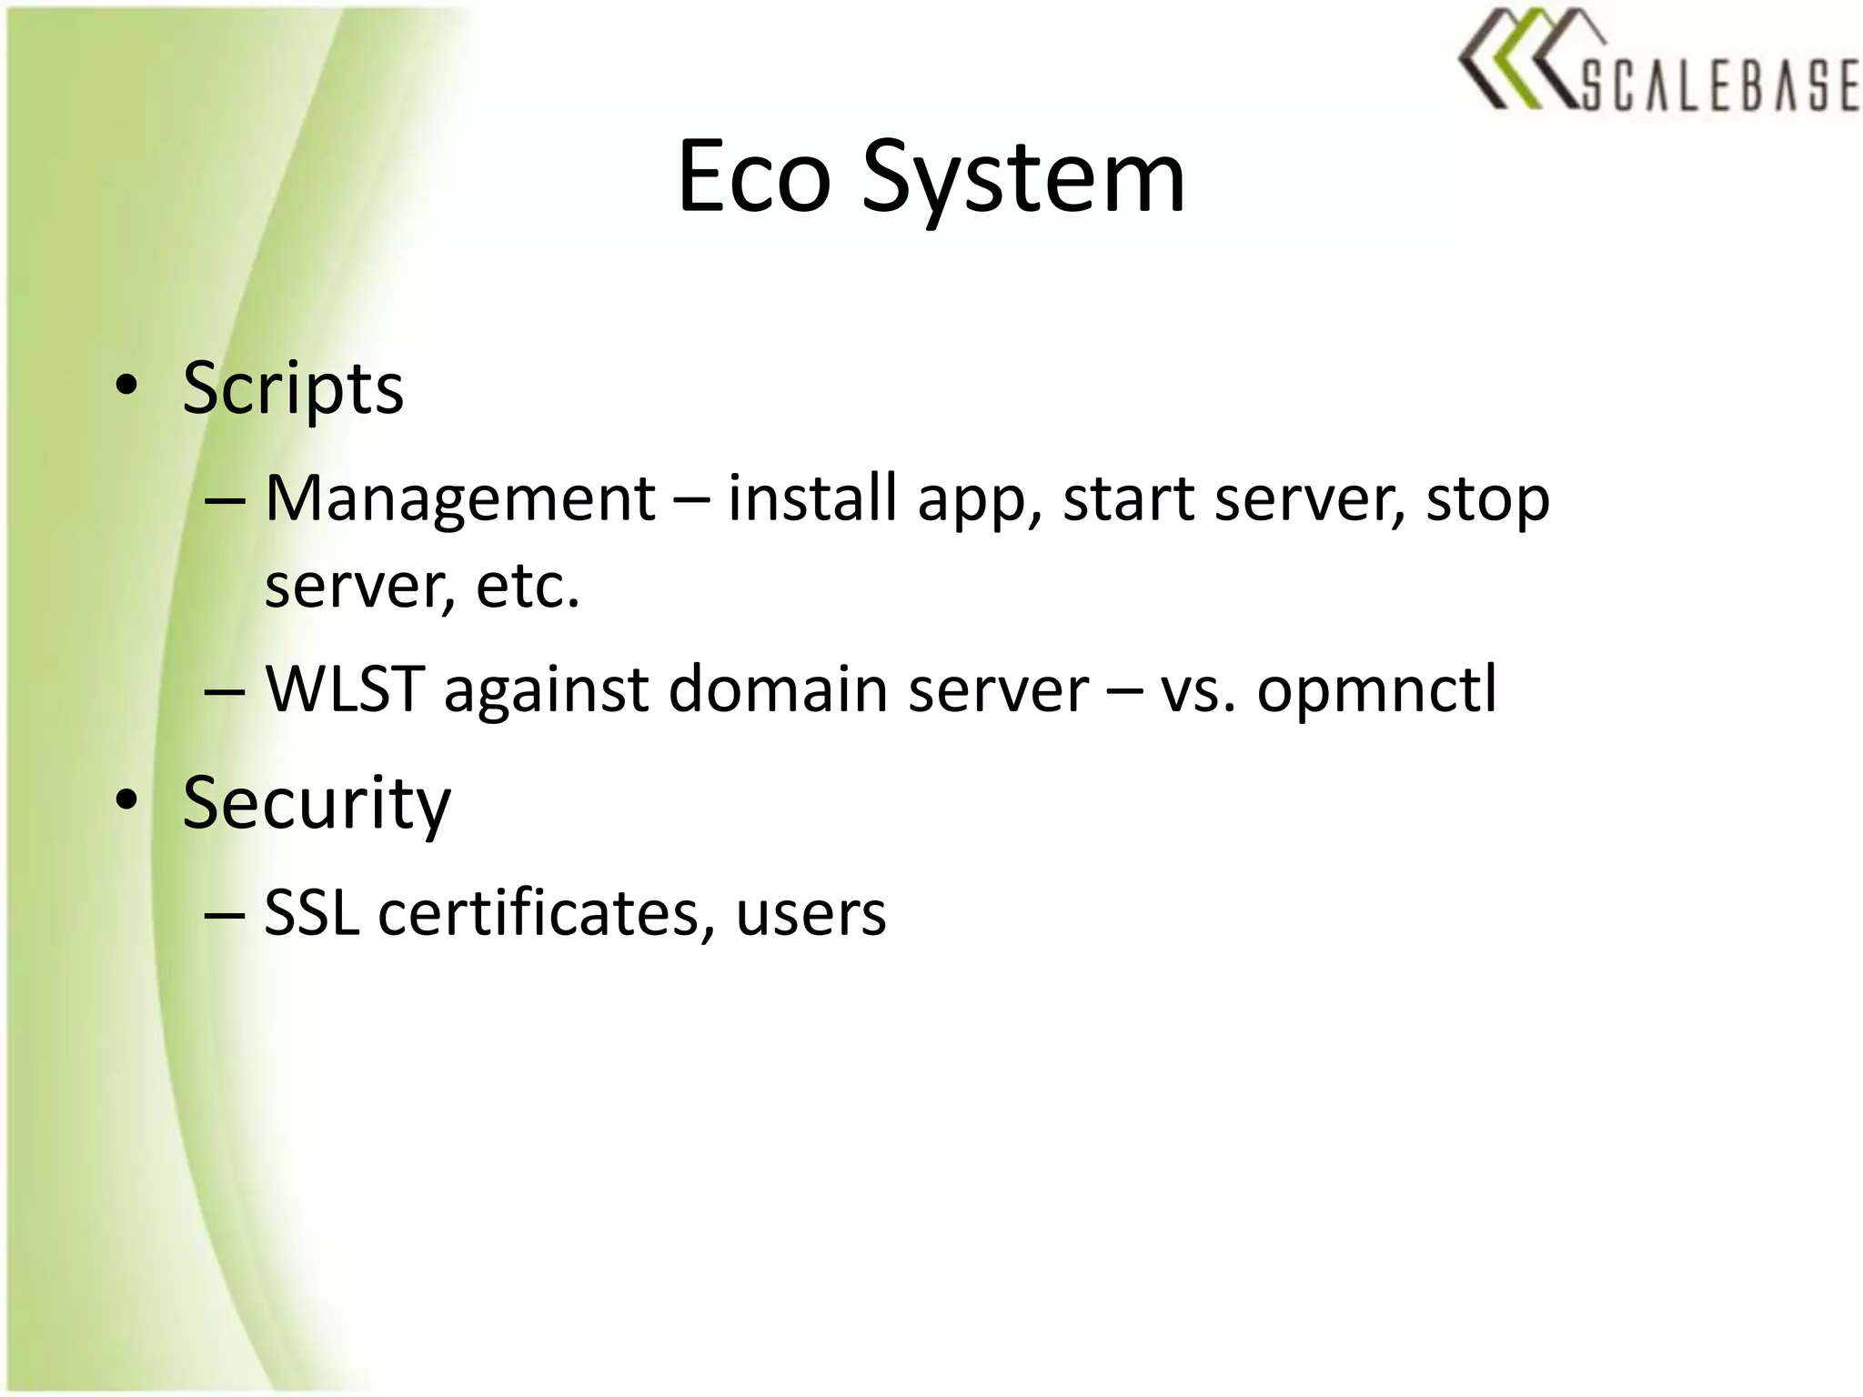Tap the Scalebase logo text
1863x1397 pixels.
tap(1718, 85)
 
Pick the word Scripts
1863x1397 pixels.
tap(292, 389)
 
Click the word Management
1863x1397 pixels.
tap(459, 500)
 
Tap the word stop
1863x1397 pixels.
tap(1487, 500)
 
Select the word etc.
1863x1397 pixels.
tap(527, 587)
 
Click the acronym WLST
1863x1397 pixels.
tap(345, 689)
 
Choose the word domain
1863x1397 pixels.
tap(778, 689)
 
